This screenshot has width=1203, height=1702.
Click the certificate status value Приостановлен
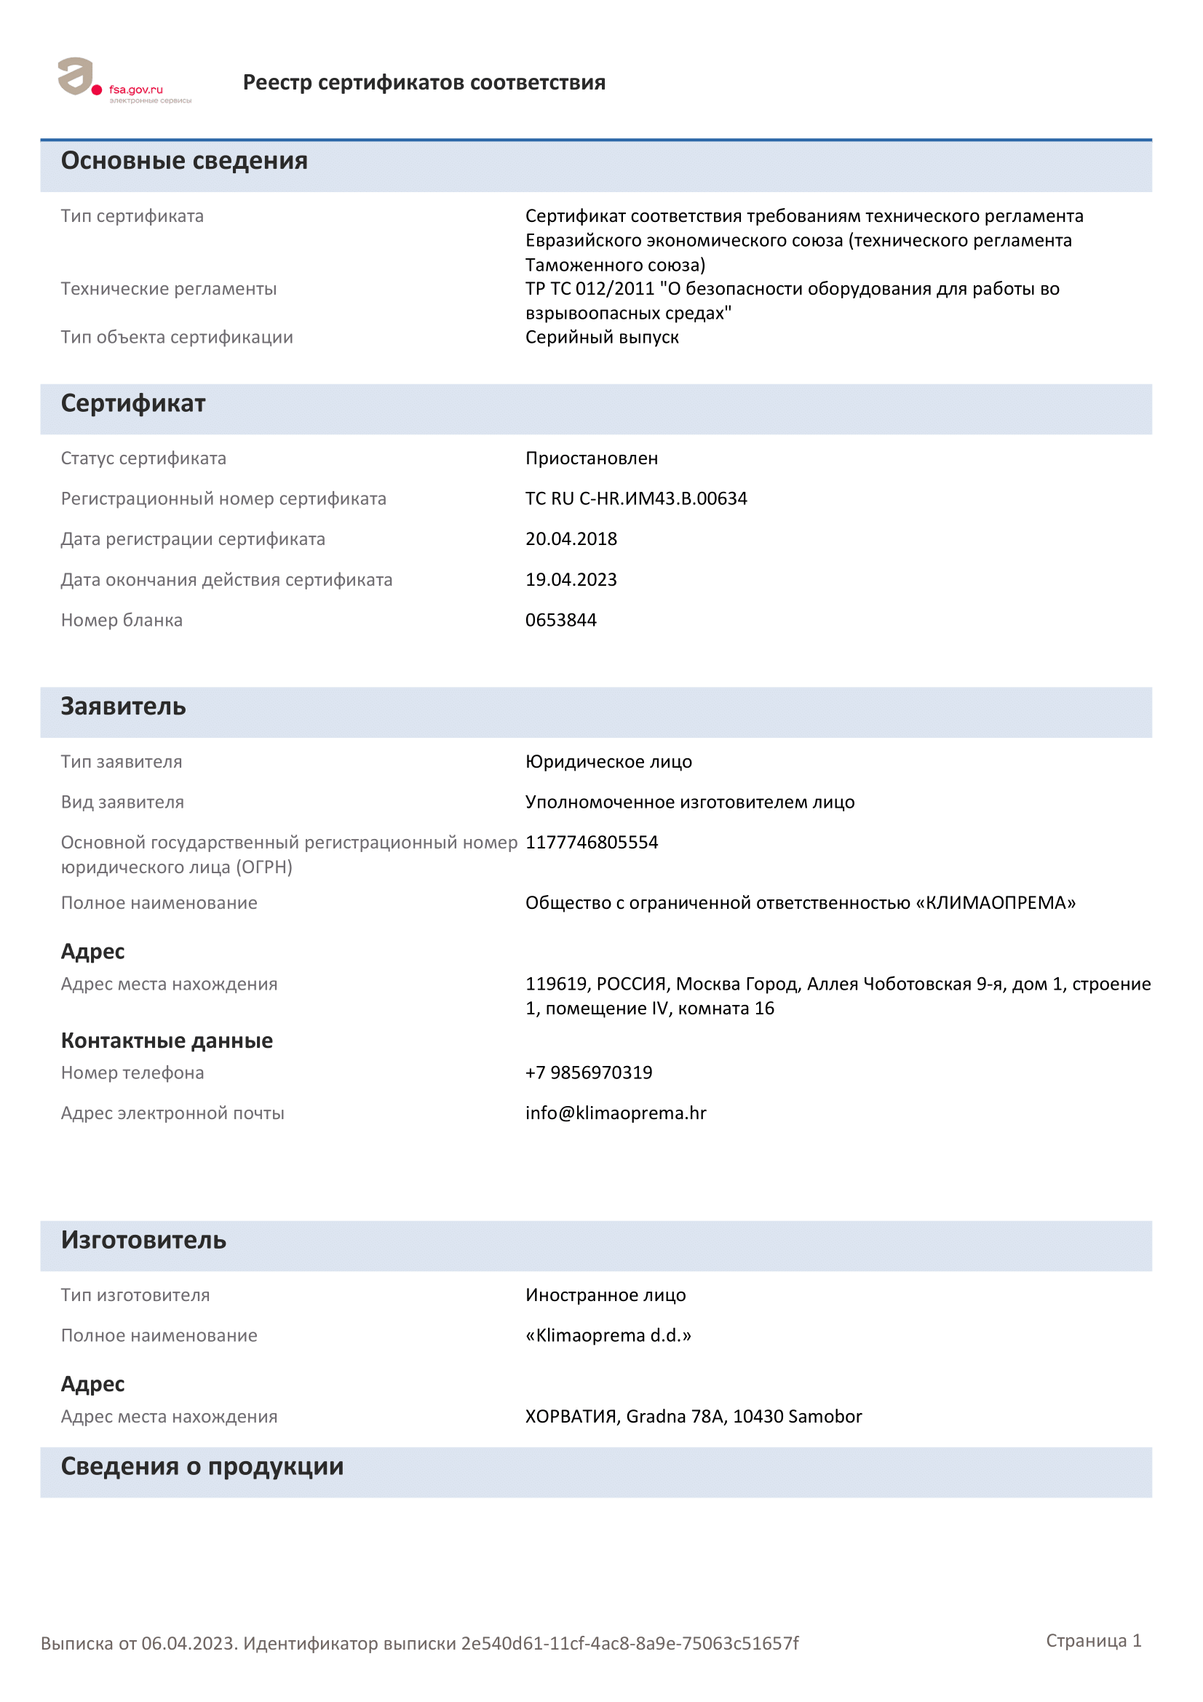pos(592,458)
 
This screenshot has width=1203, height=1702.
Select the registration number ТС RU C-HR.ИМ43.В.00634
pos(636,498)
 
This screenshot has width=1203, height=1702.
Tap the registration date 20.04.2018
pos(571,539)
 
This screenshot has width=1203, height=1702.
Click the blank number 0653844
pos(560,620)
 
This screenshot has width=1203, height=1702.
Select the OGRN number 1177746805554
pos(592,842)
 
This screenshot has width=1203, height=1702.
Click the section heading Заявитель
pos(123,707)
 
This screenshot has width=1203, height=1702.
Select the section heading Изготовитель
pos(143,1240)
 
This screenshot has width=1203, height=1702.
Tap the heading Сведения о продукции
pos(202,1466)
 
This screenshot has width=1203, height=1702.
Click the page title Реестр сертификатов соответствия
pos(424,82)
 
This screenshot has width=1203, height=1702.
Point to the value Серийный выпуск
pos(602,338)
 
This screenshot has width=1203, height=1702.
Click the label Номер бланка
pos(122,620)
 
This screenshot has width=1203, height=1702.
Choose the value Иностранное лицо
pos(606,1295)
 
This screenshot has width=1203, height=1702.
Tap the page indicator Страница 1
pos(1093,1640)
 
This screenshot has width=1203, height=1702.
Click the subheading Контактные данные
pos(167,1041)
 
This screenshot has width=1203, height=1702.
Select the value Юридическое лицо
pos(608,761)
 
